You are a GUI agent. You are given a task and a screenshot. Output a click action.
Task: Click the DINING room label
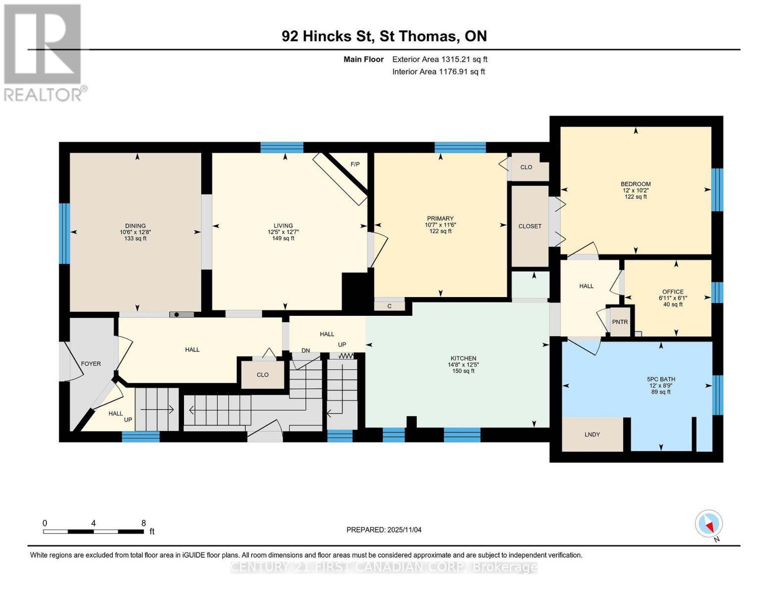[x=135, y=226]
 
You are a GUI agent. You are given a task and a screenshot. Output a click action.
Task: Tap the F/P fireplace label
[x=355, y=164]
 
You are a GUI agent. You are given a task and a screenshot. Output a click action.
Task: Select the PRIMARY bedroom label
[x=440, y=218]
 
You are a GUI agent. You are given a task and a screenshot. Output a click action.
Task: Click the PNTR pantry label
[x=620, y=322]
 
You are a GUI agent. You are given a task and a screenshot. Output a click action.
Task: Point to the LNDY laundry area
[x=592, y=435]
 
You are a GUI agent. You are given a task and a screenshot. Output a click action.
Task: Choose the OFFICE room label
[x=673, y=292]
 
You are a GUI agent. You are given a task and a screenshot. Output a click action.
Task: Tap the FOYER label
[x=91, y=364]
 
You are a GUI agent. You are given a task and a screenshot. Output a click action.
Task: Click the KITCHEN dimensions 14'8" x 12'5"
[x=463, y=365]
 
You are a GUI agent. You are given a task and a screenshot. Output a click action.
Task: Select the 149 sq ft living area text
[x=283, y=239]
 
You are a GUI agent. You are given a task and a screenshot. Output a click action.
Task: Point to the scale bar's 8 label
[x=143, y=523]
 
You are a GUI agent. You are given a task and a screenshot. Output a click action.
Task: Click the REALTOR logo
[x=44, y=52]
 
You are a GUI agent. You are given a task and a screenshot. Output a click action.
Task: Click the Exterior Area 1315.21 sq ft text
[x=440, y=59]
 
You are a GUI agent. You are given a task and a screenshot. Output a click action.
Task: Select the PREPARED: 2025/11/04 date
[x=384, y=530]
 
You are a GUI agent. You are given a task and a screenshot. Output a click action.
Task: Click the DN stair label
[x=306, y=350]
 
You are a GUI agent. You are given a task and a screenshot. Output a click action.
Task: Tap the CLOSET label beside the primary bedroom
[x=530, y=226]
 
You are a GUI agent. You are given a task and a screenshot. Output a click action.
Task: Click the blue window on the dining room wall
[x=64, y=233]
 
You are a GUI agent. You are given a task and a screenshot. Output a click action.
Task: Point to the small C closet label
[x=389, y=306]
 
